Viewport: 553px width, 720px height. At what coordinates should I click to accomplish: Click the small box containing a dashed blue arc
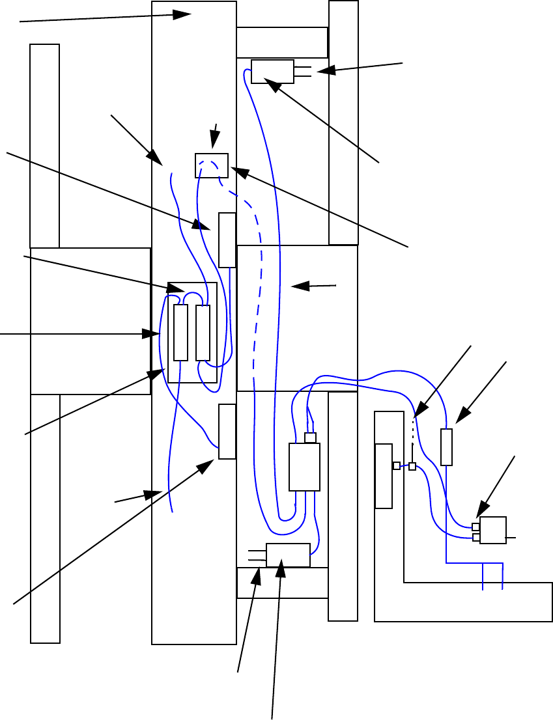pyautogui.click(x=212, y=165)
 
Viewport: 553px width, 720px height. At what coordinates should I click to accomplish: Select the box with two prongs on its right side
pyautogui.click(x=272, y=71)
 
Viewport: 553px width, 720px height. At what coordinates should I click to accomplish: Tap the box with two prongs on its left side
pyautogui.click(x=288, y=555)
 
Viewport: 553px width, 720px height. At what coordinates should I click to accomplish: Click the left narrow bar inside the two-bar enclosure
pyautogui.click(x=181, y=332)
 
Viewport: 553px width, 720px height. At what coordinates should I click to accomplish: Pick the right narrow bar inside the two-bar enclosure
pyautogui.click(x=203, y=332)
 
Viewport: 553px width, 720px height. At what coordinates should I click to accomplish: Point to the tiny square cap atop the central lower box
pyautogui.click(x=311, y=437)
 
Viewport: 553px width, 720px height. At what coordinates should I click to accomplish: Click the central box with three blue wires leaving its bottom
pyautogui.click(x=304, y=467)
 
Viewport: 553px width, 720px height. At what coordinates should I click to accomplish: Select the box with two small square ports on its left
pyautogui.click(x=493, y=530)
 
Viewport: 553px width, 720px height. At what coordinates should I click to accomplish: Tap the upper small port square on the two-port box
pyautogui.click(x=476, y=527)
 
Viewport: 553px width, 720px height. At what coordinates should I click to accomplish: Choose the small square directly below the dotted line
pyautogui.click(x=412, y=466)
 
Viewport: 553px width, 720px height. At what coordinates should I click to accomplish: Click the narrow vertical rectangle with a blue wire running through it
pyautogui.click(x=446, y=447)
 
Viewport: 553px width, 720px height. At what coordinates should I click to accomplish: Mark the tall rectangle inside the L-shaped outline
pyautogui.click(x=384, y=476)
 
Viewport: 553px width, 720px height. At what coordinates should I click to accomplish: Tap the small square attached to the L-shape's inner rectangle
pyautogui.click(x=396, y=465)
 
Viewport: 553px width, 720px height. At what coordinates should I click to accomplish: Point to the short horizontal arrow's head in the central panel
pyautogui.click(x=295, y=285)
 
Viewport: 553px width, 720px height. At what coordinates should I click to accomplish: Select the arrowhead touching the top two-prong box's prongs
pyautogui.click(x=321, y=71)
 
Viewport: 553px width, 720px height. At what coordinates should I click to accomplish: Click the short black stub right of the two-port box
pyautogui.click(x=511, y=538)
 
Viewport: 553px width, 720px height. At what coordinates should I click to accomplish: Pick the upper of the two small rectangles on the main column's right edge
pyautogui.click(x=227, y=240)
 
